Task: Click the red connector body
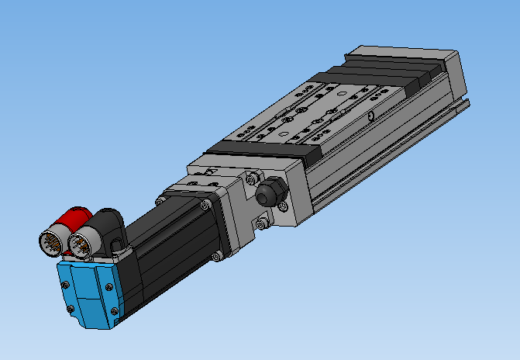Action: (x=78, y=217)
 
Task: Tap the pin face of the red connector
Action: (x=53, y=241)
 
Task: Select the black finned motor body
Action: (x=170, y=248)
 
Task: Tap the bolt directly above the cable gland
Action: (x=250, y=178)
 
